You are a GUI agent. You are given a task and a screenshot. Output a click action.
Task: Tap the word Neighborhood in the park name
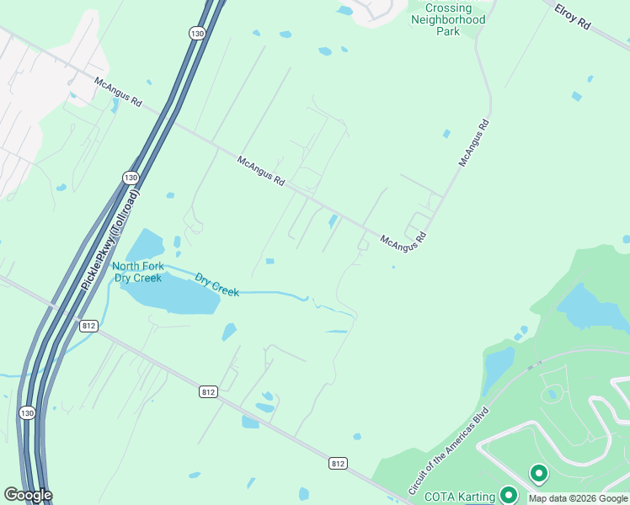pyautogui.click(x=447, y=18)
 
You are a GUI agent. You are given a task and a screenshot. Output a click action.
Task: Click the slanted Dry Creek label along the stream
pyautogui.click(x=217, y=284)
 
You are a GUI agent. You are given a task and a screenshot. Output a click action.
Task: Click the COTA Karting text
pyautogui.click(x=459, y=497)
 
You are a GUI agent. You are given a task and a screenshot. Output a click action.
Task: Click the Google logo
pyautogui.click(x=27, y=495)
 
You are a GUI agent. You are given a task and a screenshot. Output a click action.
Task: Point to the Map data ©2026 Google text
pyautogui.click(x=579, y=498)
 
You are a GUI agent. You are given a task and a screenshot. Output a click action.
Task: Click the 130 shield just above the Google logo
pyautogui.click(x=26, y=412)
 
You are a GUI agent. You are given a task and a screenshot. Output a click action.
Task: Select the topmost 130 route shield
pyautogui.click(x=196, y=33)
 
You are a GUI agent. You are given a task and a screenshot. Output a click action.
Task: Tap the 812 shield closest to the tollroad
pyautogui.click(x=88, y=325)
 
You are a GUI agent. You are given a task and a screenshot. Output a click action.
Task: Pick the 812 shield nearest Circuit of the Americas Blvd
pyautogui.click(x=338, y=463)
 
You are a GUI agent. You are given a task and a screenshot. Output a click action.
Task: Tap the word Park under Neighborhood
pyautogui.click(x=447, y=31)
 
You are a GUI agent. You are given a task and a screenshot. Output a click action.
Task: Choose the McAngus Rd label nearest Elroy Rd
pyautogui.click(x=474, y=142)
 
